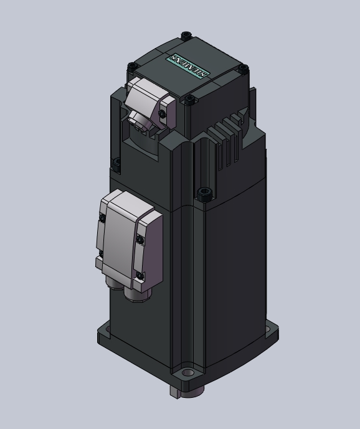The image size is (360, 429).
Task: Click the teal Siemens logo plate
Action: click(187, 65)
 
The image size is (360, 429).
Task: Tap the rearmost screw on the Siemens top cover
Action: click(186, 35)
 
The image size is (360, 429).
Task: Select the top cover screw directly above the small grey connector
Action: click(133, 67)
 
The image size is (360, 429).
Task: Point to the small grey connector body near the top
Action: click(151, 101)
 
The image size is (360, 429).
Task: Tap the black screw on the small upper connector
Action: click(163, 114)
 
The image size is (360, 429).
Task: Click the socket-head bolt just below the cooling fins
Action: click(204, 194)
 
